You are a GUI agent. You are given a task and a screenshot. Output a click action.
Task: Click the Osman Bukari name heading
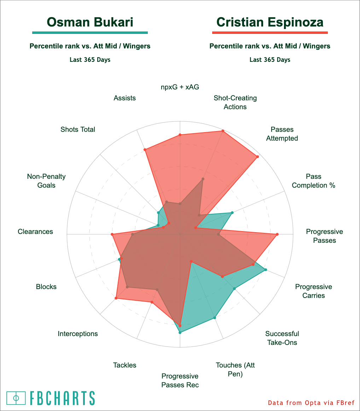90,22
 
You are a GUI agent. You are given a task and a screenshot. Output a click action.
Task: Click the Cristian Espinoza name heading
270,22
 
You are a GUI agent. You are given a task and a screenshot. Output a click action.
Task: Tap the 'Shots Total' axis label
78,129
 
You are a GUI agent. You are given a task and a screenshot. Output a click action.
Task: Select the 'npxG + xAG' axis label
180,87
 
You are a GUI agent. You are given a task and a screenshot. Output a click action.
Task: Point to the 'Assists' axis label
124,98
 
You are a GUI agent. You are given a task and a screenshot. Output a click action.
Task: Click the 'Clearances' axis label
35,231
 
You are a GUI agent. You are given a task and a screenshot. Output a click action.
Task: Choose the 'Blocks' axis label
46,287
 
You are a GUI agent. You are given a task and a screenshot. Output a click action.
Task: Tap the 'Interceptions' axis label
78,334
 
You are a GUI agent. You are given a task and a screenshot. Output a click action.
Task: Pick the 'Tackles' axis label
124,365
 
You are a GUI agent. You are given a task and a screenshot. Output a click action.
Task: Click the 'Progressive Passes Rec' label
180,380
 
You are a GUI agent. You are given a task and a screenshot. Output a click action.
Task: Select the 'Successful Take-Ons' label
282,338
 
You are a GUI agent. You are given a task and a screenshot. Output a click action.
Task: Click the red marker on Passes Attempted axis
257,157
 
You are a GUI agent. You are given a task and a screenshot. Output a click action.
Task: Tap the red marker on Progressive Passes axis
277,234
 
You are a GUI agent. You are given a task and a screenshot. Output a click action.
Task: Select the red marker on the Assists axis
145,150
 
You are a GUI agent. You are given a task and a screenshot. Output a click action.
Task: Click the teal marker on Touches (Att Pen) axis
215,318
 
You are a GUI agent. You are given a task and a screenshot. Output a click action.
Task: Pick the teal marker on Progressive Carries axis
266,270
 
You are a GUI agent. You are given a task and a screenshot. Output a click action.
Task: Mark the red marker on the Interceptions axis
116,299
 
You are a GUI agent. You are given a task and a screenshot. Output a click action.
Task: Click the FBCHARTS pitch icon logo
16,398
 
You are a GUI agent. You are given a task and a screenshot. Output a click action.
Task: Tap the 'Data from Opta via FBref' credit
311,403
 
